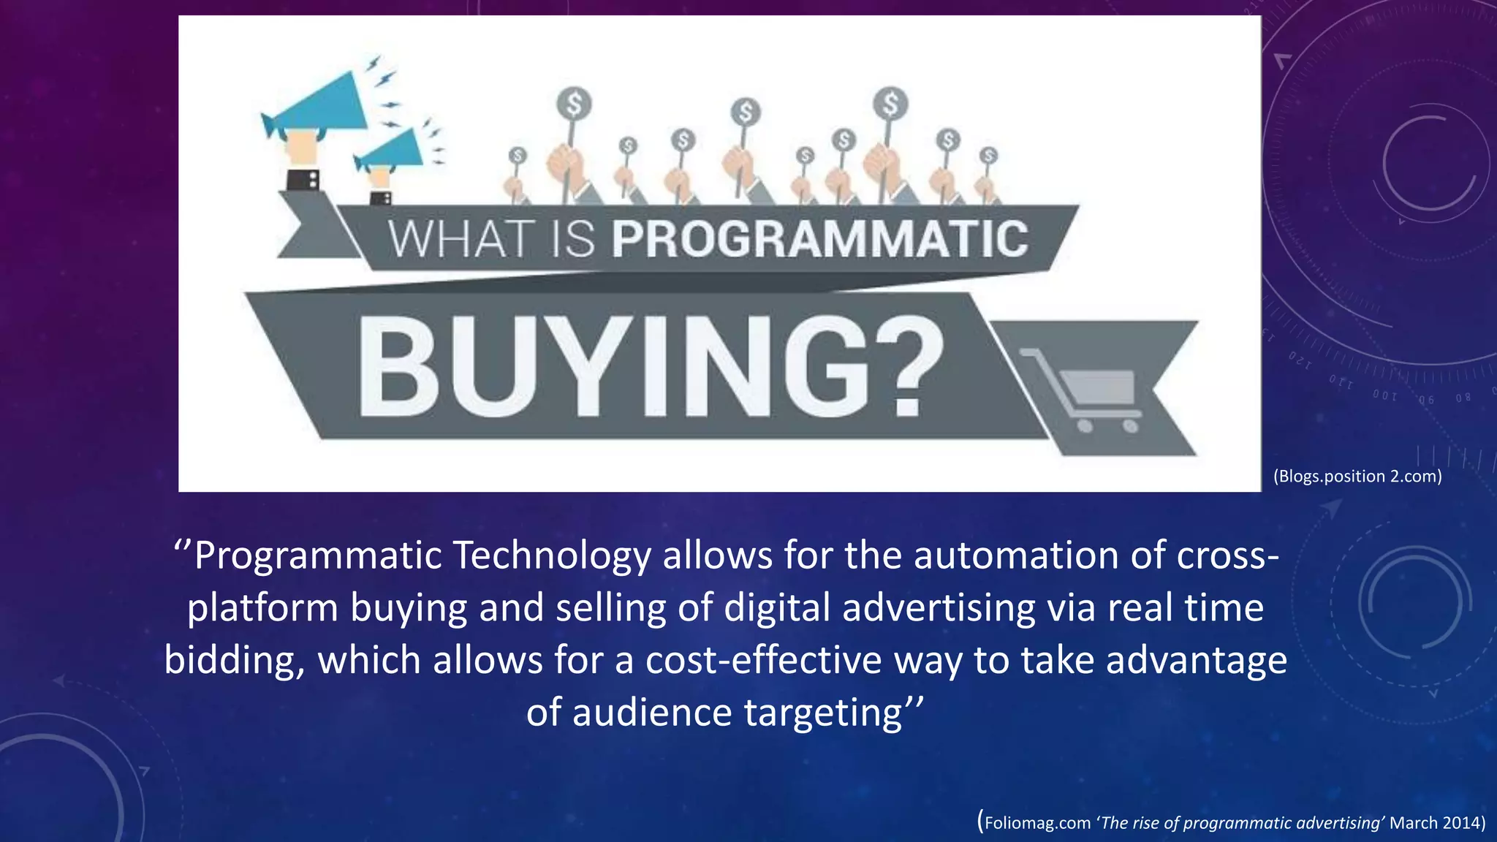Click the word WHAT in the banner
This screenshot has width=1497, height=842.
460,239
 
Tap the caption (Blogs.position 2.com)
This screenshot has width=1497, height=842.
1357,477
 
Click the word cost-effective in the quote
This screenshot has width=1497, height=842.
764,661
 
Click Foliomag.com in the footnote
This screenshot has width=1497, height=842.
1037,823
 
